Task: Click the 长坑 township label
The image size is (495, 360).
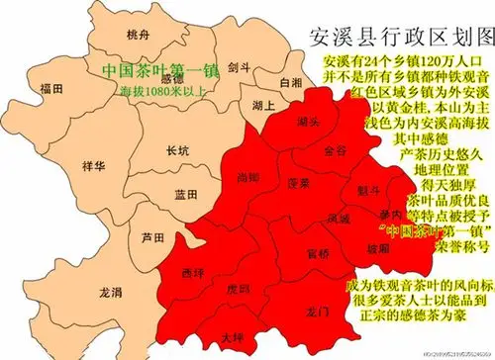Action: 178,151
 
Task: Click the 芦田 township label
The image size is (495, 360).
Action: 152,237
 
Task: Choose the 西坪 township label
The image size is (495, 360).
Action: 194,270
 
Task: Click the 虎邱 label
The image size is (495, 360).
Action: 238,291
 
